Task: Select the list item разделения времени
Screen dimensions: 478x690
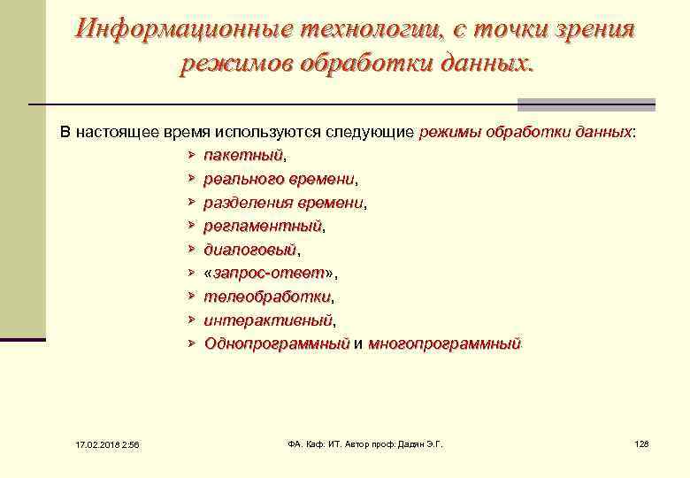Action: point(283,203)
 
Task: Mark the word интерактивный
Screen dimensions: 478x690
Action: point(268,320)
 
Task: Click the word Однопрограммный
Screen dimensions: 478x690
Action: point(277,343)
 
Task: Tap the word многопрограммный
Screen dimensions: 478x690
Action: point(444,343)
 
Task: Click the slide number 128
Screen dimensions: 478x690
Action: point(641,443)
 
